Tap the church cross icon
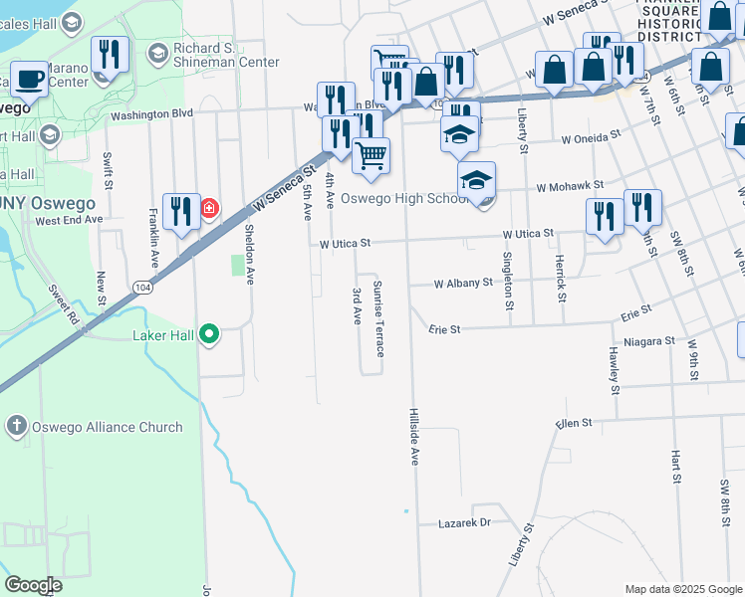coord(16,427)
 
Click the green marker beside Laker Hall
coord(209,334)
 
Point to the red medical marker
coord(209,208)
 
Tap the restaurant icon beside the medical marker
coord(180,211)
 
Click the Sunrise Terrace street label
coord(378,318)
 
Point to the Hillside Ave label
coord(413,436)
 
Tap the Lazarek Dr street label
coord(465,522)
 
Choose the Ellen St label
coord(575,423)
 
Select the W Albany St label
coord(463,283)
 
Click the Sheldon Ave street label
coord(249,255)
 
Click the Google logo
coord(33,585)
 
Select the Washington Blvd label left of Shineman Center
coord(151,113)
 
